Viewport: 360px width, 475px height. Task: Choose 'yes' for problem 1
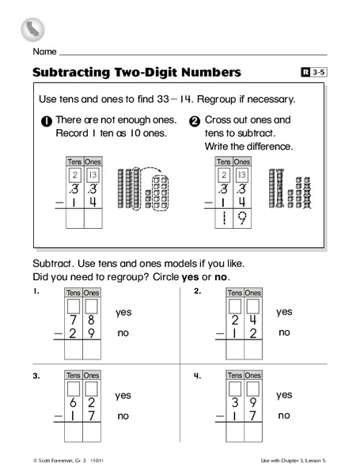click(x=123, y=313)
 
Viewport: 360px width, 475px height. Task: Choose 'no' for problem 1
click(x=123, y=334)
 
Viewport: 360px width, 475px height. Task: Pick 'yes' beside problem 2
click(x=284, y=313)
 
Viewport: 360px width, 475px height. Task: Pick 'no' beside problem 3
click(x=123, y=416)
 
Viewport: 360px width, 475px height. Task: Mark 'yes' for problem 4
click(x=284, y=394)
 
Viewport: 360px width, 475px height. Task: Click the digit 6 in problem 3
click(x=73, y=403)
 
